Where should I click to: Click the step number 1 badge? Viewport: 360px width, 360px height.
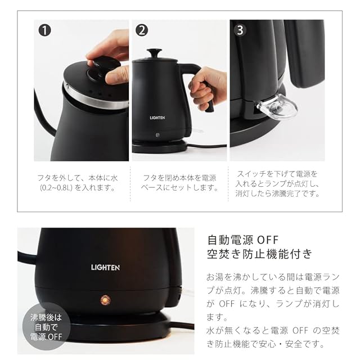[x=45, y=30]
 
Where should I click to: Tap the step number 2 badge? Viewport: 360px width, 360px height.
[x=142, y=30]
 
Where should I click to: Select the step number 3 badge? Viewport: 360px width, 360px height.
[x=240, y=30]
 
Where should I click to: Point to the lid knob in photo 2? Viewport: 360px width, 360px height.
[x=154, y=53]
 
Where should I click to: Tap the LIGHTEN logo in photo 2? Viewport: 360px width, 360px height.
[x=157, y=118]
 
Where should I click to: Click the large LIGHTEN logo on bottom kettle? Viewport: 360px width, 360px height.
[x=105, y=268]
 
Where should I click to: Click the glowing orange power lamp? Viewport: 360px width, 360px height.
[x=105, y=300]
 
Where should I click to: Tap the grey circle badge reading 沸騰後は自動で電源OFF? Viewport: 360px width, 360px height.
[x=46, y=327]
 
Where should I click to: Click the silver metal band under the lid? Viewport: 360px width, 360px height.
[x=96, y=99]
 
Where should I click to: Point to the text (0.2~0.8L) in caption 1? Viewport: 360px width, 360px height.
[x=56, y=188]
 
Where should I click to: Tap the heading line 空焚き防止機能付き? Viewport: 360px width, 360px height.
[x=260, y=254]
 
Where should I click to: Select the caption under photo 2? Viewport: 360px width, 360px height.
[x=179, y=183]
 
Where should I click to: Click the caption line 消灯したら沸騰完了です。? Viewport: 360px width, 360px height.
[x=277, y=193]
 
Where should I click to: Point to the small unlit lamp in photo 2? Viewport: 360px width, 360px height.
[x=157, y=135]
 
